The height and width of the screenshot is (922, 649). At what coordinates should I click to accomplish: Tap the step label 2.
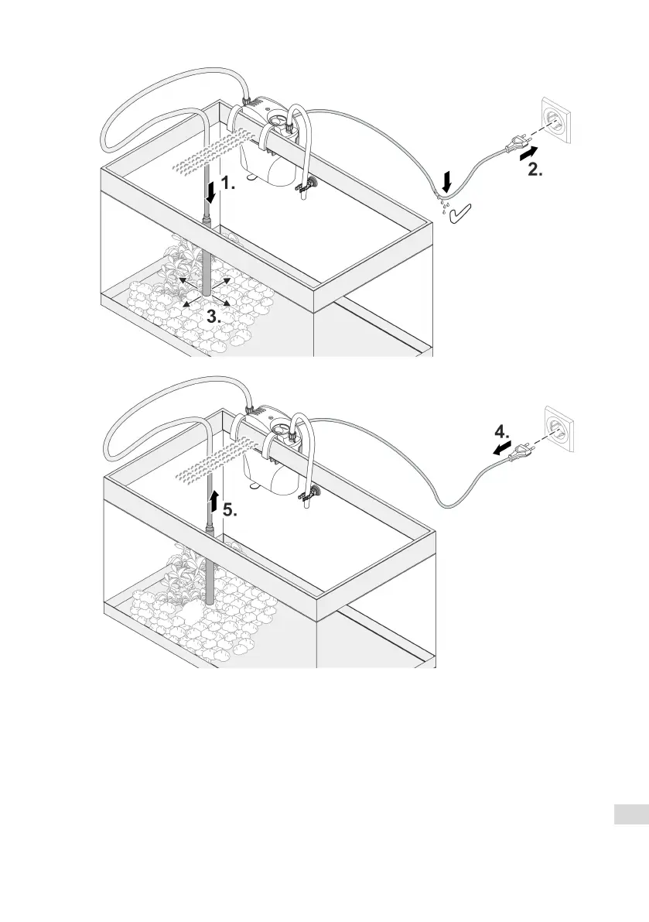535,171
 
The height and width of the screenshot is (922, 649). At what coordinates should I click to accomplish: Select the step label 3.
214,316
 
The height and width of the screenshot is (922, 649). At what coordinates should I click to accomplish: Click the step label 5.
230,510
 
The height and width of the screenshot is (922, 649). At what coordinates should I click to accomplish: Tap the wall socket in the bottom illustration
558,430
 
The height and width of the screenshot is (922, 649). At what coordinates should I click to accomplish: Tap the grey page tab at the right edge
631,815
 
